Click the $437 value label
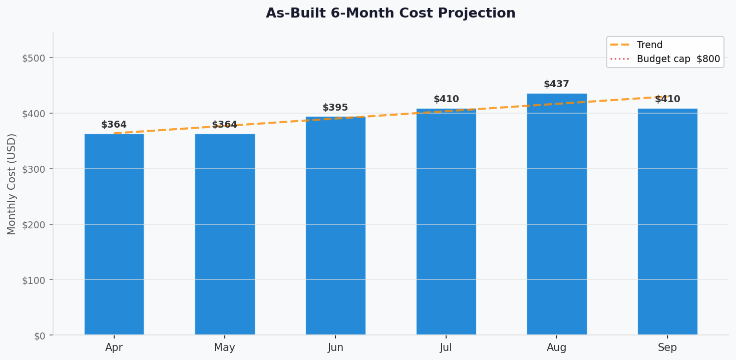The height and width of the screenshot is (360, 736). click(556, 84)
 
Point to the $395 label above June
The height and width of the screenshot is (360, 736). click(335, 108)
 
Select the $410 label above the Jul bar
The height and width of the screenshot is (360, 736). click(446, 99)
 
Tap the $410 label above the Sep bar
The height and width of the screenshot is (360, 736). click(667, 99)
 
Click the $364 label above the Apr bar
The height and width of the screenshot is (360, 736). click(114, 125)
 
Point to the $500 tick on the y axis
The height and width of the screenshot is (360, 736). click(34, 58)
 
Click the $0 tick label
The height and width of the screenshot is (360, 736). click(40, 335)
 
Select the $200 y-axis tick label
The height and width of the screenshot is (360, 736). click(34, 224)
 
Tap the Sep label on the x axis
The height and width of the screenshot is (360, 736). click(667, 347)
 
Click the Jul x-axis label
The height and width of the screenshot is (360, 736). click(446, 347)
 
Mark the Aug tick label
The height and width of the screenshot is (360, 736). click(557, 347)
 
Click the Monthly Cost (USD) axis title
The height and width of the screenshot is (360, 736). click(12, 184)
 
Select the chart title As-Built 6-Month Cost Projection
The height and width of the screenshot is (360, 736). click(391, 14)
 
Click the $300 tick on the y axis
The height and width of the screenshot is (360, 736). click(34, 169)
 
